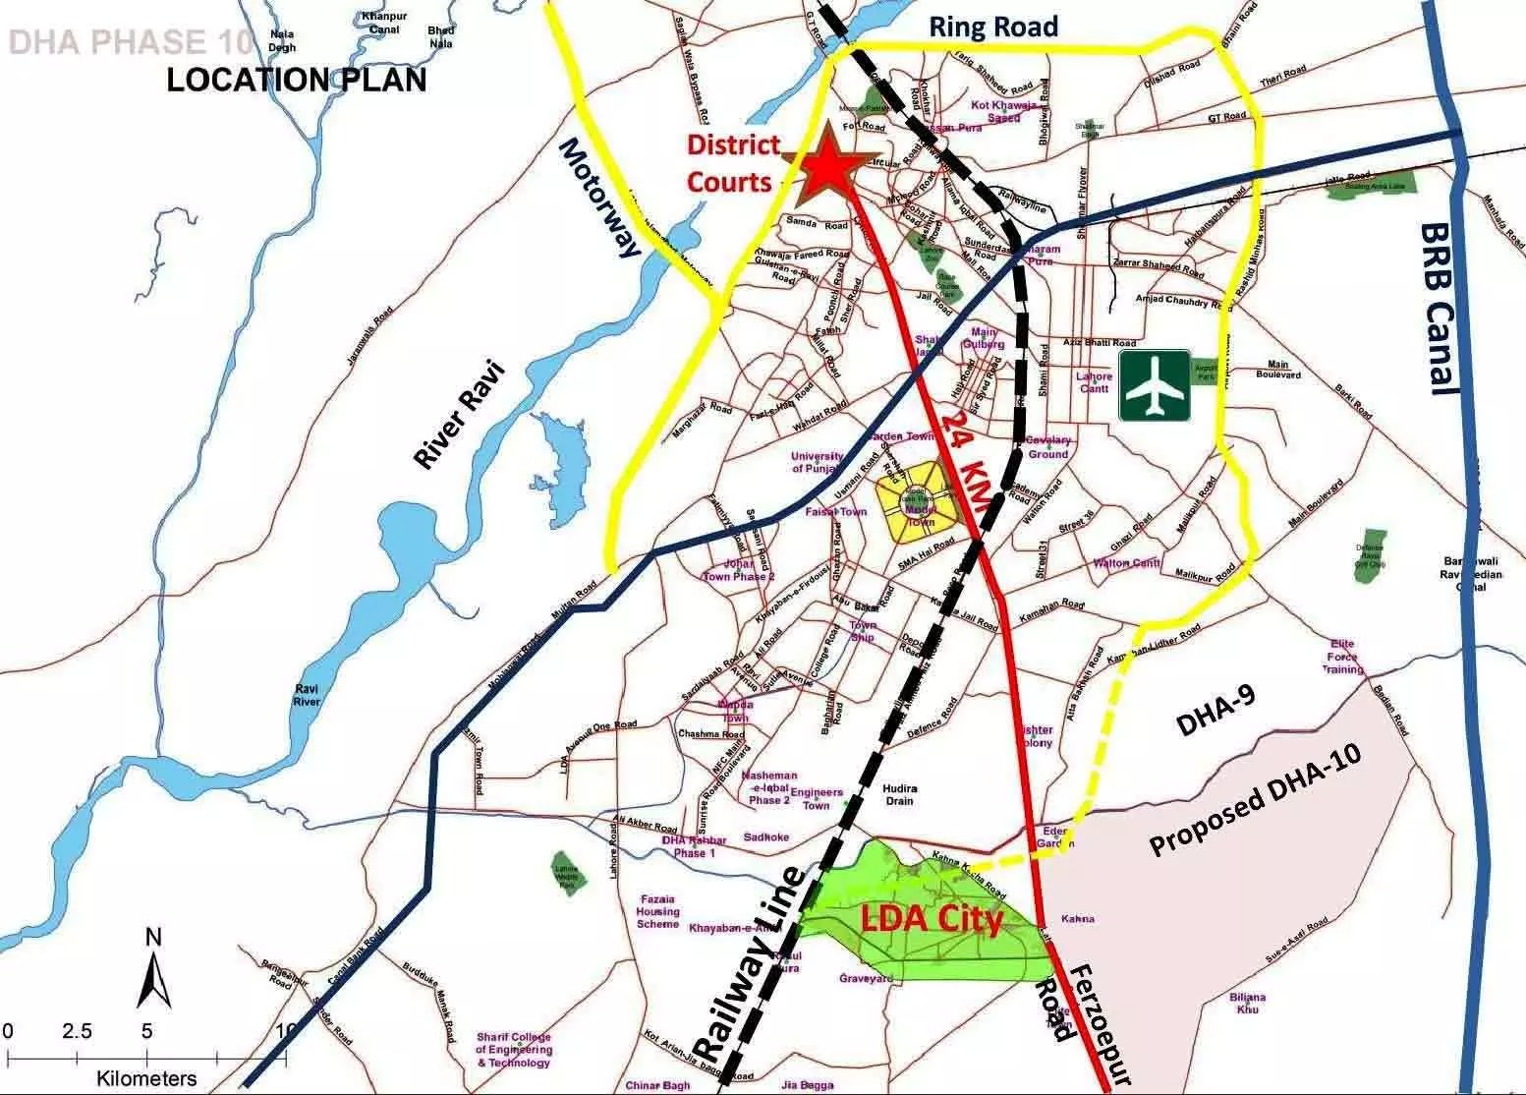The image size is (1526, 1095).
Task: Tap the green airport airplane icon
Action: pos(1154,385)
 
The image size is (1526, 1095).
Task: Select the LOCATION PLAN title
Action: pos(297,79)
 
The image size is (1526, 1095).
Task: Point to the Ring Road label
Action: pos(995,27)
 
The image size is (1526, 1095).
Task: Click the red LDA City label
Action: pos(931,920)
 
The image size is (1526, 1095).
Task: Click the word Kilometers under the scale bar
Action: pos(145,1079)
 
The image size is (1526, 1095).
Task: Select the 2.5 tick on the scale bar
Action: pos(77,1032)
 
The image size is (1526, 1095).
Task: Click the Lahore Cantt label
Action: pos(1094,382)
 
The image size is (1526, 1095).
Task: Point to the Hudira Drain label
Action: pos(899,794)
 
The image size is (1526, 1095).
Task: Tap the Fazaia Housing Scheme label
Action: pos(657,911)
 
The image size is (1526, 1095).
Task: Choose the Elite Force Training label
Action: pos(1342,657)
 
